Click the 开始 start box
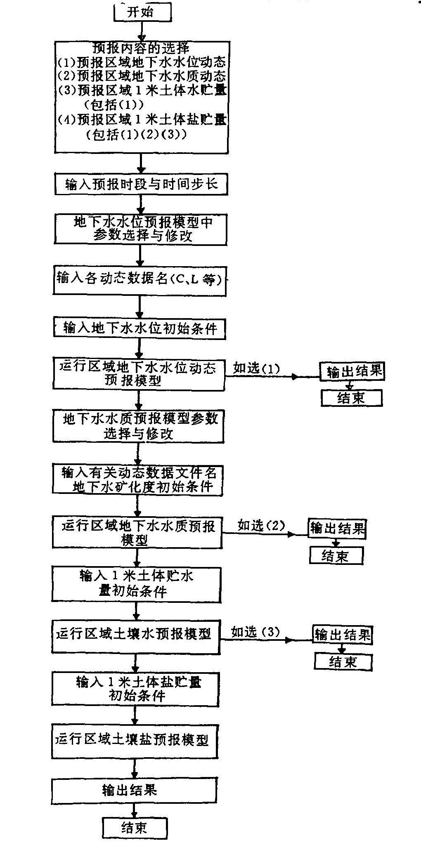142,12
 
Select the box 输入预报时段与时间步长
142,184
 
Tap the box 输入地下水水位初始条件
140,328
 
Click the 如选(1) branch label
256,368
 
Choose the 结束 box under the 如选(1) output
351,398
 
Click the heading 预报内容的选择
142,48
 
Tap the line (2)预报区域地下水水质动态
142,76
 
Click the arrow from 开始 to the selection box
142,31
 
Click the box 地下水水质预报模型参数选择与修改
138,426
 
